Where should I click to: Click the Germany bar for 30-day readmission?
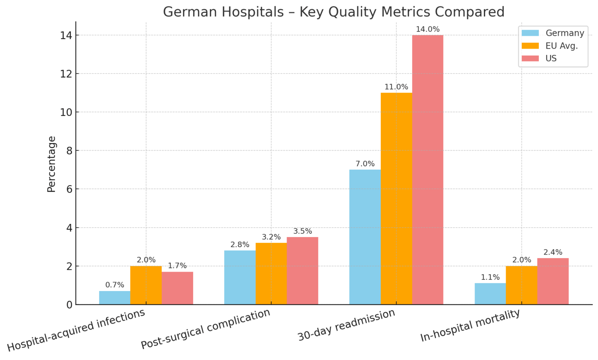click(365, 237)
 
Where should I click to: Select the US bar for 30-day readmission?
click(427, 170)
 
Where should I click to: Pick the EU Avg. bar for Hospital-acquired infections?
click(146, 285)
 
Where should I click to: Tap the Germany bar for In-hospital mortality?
click(490, 294)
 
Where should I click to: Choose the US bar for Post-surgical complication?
click(303, 271)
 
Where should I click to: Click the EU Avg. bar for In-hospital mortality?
click(521, 285)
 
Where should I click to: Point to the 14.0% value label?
click(427, 29)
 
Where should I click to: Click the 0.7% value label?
click(114, 285)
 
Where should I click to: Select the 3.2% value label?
click(271, 237)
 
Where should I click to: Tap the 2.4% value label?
click(553, 252)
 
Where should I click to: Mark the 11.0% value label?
click(396, 87)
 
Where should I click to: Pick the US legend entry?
click(551, 58)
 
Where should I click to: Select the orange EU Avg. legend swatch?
click(530, 46)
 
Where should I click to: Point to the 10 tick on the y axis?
click(67, 112)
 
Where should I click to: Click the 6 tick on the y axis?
click(69, 189)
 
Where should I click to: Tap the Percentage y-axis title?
click(51, 164)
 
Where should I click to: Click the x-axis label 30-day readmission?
click(346, 325)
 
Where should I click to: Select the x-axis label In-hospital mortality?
click(470, 326)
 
